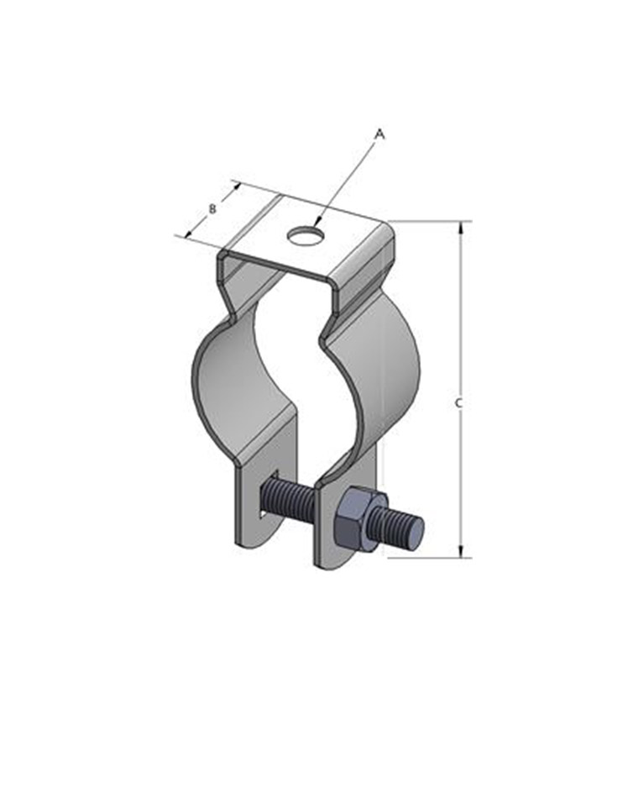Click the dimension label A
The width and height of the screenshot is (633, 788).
click(x=380, y=134)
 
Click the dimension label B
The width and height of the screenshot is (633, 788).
click(x=212, y=208)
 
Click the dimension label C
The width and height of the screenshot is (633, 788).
click(x=458, y=402)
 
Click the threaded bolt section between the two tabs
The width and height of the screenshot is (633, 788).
click(x=288, y=498)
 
